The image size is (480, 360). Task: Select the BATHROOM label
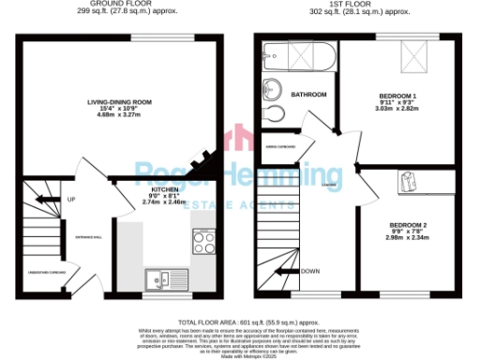pos(308,95)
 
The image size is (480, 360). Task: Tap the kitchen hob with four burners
pos(204,243)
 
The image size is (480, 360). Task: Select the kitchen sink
pos(159,279)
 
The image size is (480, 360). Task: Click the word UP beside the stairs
pos(70,199)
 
